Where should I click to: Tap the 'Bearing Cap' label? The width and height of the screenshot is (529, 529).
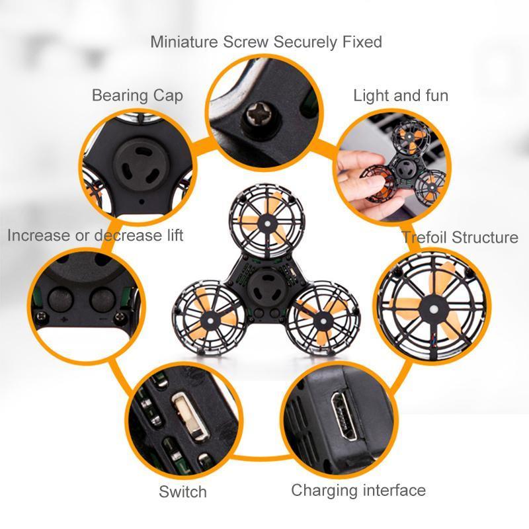(x=138, y=95)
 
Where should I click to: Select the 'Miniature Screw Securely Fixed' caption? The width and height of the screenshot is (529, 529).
(x=266, y=42)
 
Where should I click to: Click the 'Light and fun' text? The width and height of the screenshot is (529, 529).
(x=401, y=95)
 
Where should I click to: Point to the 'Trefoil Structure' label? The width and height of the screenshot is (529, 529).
(x=460, y=237)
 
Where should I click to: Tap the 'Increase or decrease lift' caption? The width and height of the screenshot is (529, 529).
(x=95, y=235)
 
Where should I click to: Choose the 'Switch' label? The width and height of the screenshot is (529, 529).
(x=183, y=491)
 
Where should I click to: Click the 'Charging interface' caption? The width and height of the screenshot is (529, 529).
(x=358, y=490)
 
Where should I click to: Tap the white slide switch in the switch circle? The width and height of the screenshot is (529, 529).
(x=190, y=416)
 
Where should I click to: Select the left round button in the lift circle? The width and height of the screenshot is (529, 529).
(x=61, y=300)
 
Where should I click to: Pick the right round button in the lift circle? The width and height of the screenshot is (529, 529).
(x=102, y=300)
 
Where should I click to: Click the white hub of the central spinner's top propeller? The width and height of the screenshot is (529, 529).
(x=267, y=224)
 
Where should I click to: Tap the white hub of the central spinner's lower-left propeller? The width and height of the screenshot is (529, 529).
(x=211, y=320)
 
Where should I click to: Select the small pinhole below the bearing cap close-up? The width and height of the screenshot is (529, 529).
(x=142, y=202)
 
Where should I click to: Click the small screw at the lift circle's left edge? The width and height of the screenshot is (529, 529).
(x=40, y=316)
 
